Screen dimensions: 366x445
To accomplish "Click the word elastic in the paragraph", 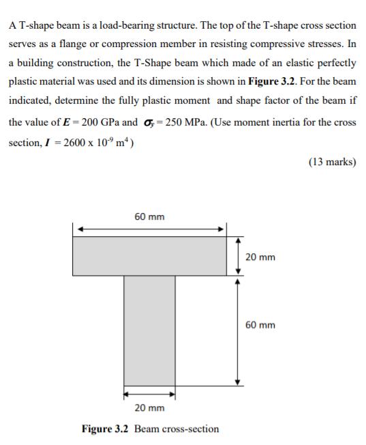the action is [x=266, y=63].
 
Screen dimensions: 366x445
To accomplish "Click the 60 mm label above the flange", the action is [x=149, y=217].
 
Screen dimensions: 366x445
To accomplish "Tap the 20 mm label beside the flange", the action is [x=260, y=257].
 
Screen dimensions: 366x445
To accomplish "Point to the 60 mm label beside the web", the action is [x=260, y=325].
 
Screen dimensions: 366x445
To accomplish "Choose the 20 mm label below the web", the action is [x=149, y=408].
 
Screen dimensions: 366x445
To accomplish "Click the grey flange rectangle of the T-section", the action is [x=149, y=255].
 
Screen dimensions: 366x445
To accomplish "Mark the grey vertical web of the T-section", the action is [x=149, y=328].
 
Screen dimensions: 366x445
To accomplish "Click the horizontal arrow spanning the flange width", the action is [x=149, y=229].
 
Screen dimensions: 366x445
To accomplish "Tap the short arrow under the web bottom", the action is [x=149, y=394].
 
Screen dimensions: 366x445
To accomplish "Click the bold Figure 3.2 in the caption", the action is [x=106, y=429].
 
